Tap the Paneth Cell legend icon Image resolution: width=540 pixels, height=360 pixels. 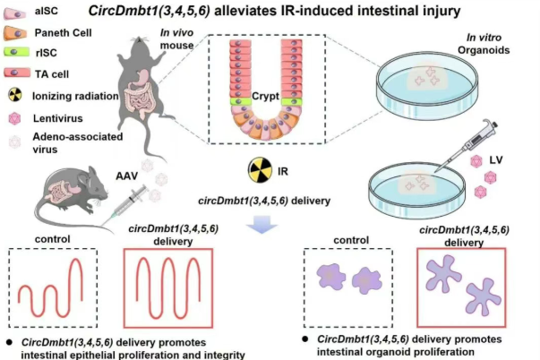[x=17, y=31]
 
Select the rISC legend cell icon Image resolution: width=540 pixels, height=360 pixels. [x=17, y=51]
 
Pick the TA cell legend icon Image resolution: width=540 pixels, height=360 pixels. [x=17, y=72]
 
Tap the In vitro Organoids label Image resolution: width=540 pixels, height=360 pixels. [x=488, y=44]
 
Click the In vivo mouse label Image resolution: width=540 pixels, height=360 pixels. [x=177, y=41]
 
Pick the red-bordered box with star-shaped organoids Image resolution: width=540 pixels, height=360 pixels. [x=461, y=287]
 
